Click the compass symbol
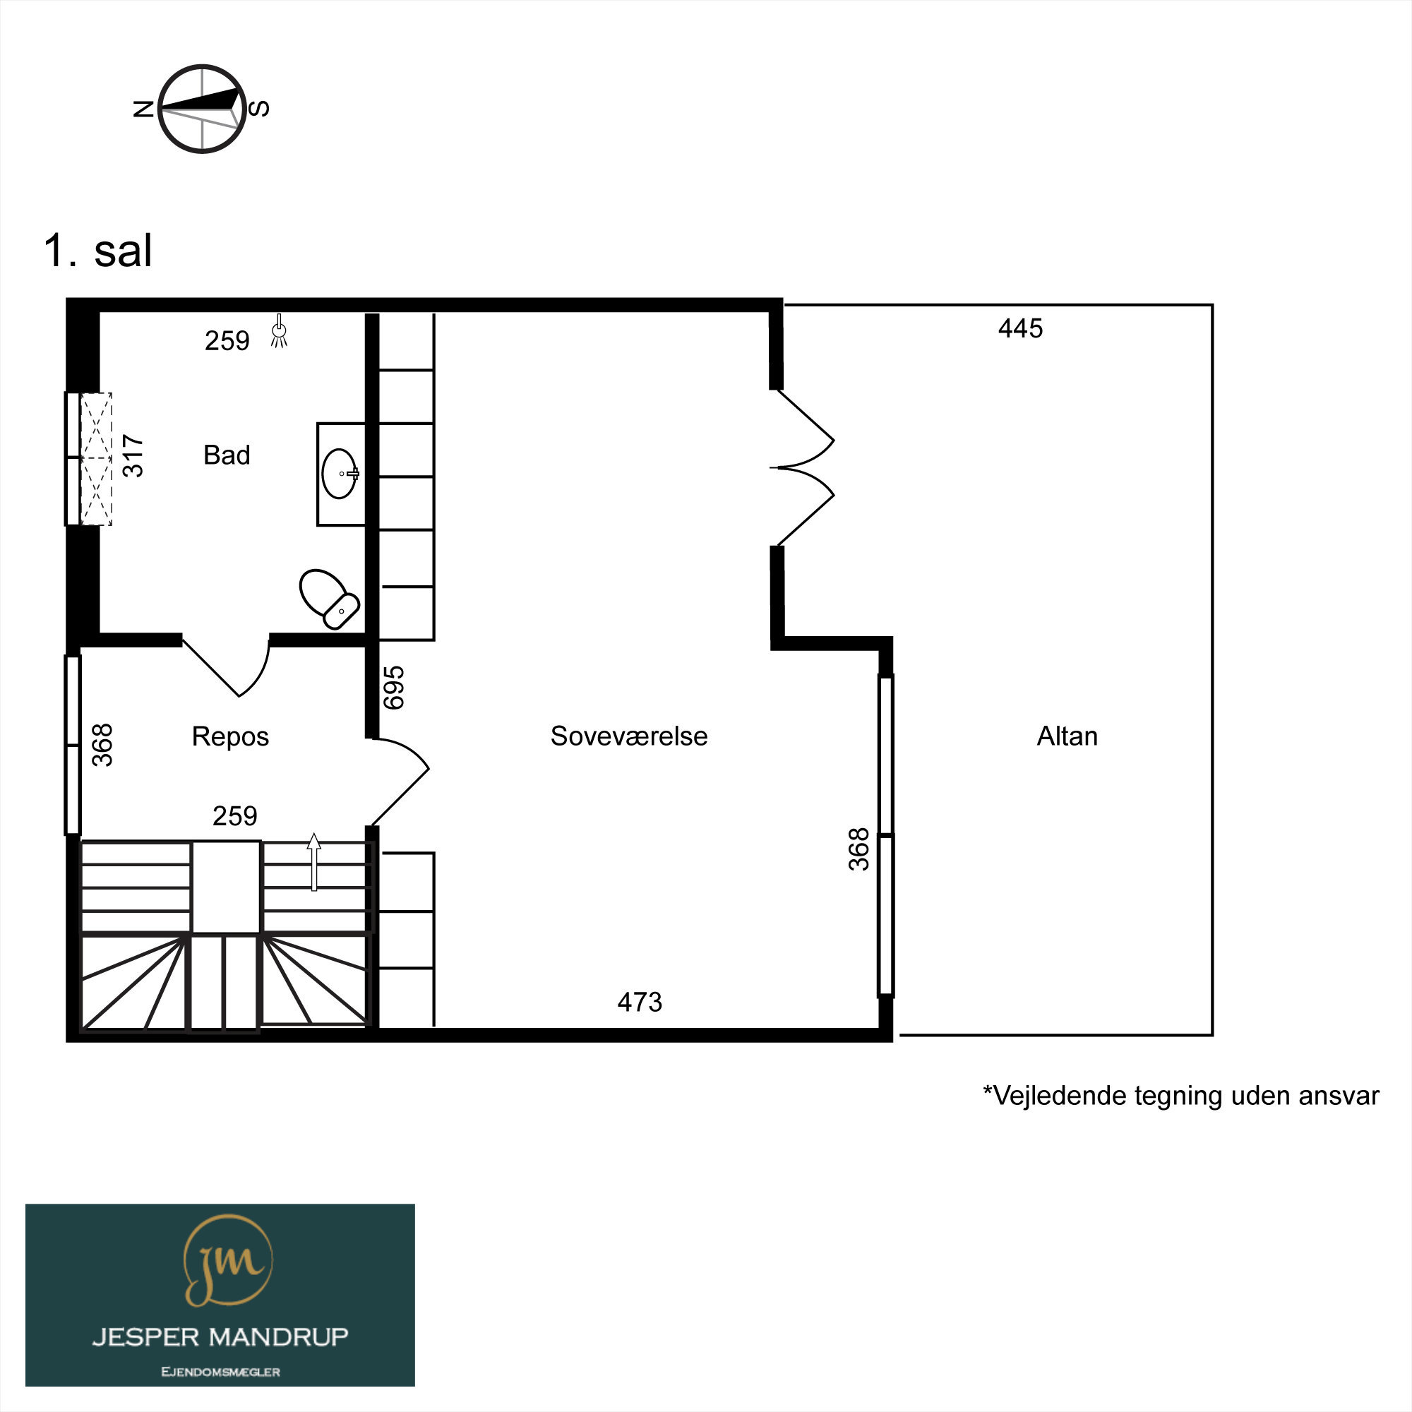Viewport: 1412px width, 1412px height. pyautogui.click(x=202, y=109)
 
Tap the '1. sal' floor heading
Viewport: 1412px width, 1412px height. pyautogui.click(x=98, y=251)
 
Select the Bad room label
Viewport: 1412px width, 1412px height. pyautogui.click(x=227, y=455)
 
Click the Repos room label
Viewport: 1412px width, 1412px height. pyautogui.click(x=230, y=736)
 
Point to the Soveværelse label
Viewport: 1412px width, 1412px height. pyautogui.click(x=628, y=736)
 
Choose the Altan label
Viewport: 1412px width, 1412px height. pyautogui.click(x=1067, y=736)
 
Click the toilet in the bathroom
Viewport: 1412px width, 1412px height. pyautogui.click(x=329, y=598)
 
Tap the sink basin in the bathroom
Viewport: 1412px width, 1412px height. pyautogui.click(x=340, y=474)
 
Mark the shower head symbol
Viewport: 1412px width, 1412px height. pyautogui.click(x=278, y=331)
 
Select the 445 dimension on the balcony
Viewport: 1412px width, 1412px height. pyautogui.click(x=1020, y=329)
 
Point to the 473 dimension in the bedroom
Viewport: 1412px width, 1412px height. pyautogui.click(x=640, y=1002)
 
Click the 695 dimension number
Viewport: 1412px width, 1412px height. pyautogui.click(x=394, y=687)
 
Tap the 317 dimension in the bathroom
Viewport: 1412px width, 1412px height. pyautogui.click(x=133, y=455)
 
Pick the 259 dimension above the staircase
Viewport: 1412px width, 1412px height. pyautogui.click(x=234, y=815)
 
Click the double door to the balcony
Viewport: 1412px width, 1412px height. pyautogui.click(x=802, y=468)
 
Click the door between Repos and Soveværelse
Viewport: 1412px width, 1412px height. pyautogui.click(x=400, y=782)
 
